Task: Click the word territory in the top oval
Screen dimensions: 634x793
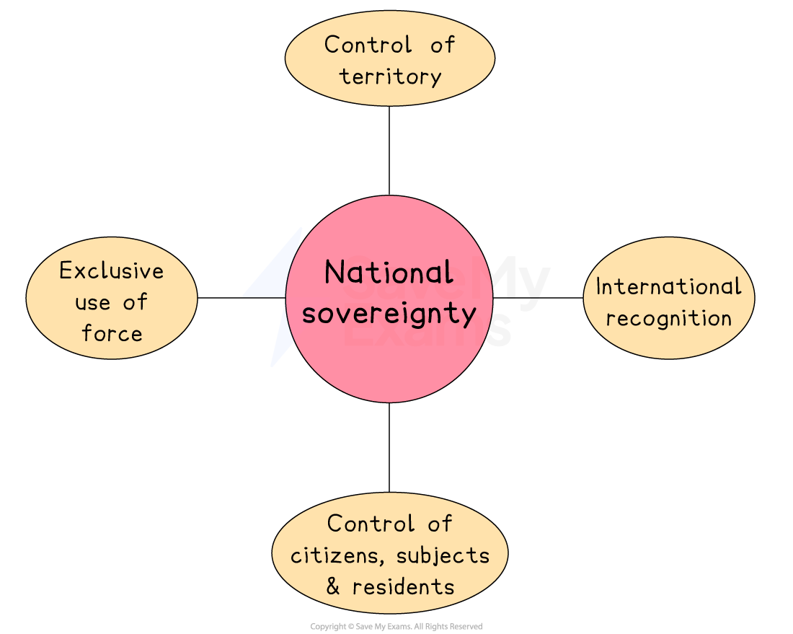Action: [x=390, y=76]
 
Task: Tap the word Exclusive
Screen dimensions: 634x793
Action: [x=112, y=271]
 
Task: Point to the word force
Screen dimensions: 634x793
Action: [x=112, y=333]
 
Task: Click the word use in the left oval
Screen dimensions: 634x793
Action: [x=93, y=302]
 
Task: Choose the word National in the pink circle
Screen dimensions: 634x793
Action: [x=389, y=273]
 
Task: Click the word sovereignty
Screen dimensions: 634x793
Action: [x=389, y=314]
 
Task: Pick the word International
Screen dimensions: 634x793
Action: [x=668, y=286]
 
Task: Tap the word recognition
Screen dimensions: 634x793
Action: [x=668, y=318]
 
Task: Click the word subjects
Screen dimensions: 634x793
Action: [x=443, y=555]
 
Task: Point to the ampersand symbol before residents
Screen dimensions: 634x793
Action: [x=332, y=586]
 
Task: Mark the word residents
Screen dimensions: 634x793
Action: [x=403, y=586]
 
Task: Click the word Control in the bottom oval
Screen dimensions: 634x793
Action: [x=371, y=524]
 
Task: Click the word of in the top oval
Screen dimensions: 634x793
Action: [x=442, y=45]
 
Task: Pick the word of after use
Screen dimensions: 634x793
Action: [x=135, y=302]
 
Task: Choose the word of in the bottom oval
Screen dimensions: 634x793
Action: [x=438, y=524]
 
